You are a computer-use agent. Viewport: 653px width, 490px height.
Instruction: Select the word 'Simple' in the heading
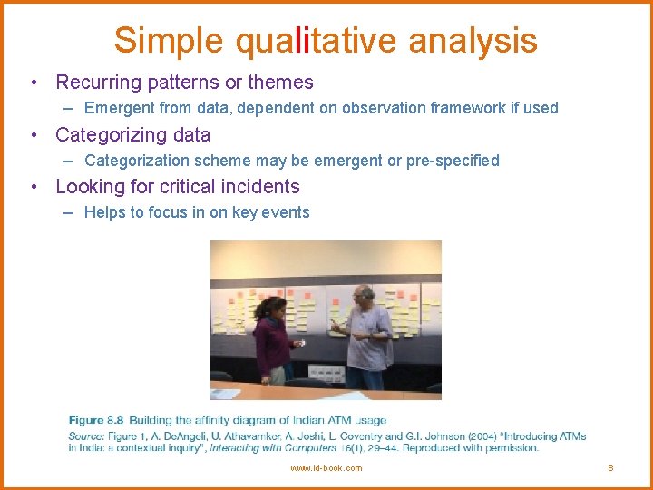pos(168,41)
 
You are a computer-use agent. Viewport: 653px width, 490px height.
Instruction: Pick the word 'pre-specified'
pos(453,161)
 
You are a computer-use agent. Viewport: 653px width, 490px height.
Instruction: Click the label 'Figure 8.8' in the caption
pos(96,420)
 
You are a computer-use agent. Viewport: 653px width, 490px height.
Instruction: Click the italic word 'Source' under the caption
pos(86,436)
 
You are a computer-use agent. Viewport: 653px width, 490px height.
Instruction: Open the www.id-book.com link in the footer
pos(326,468)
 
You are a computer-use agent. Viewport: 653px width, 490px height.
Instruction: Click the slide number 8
pos(610,468)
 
